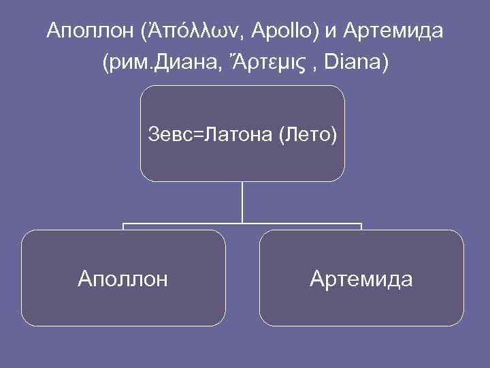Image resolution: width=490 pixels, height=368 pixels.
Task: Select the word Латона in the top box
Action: tap(233, 135)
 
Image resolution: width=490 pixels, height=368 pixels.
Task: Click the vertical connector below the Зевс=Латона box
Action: tap(242, 202)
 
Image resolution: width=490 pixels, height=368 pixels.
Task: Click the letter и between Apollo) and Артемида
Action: tap(331, 31)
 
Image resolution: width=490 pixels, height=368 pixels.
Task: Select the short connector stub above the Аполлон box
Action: tap(123, 226)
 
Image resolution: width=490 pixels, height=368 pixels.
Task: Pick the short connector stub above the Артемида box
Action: tap(361, 226)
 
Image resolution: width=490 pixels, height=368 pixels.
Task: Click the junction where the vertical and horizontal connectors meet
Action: tap(242, 223)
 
